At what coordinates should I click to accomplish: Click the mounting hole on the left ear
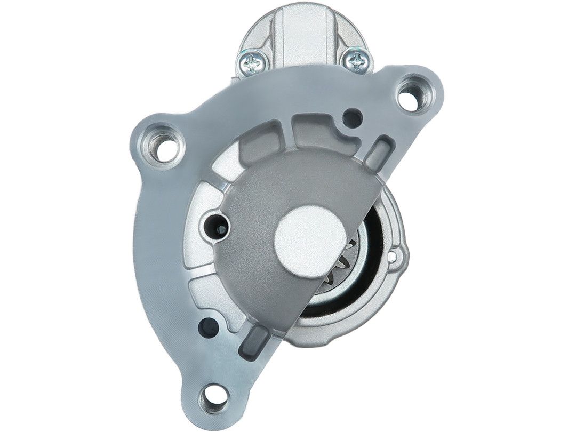(159, 143)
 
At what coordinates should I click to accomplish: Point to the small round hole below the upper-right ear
(351, 117)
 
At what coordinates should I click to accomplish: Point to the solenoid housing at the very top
(302, 27)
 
